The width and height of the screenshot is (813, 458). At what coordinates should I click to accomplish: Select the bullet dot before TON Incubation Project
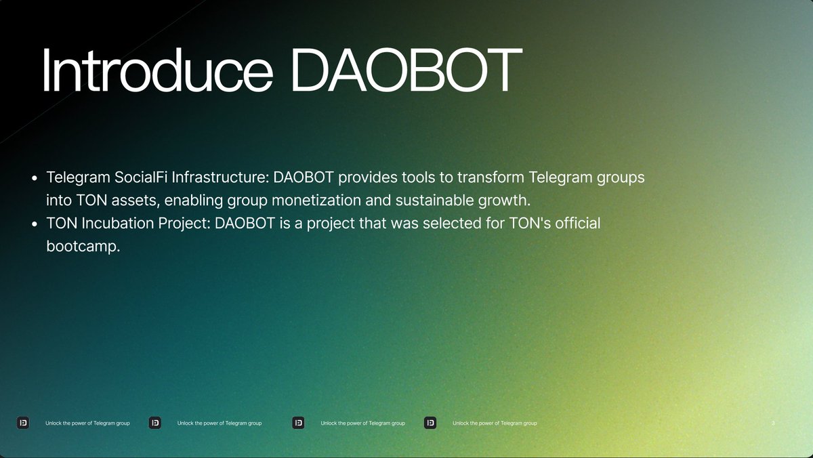35,224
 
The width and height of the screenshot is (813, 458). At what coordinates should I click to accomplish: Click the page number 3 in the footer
773,423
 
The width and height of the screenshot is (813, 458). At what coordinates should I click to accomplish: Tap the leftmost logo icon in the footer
24,423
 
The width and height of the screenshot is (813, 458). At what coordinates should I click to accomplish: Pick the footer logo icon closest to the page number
430,423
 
